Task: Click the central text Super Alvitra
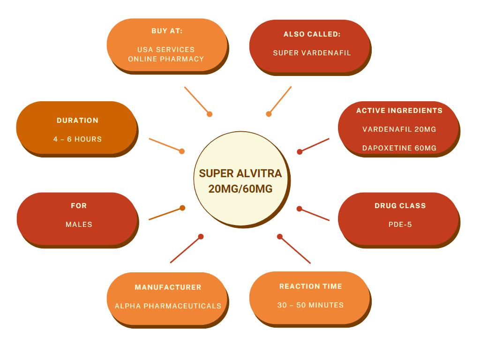coord(240,173)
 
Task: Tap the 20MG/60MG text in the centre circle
coord(240,188)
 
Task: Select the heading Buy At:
coord(167,31)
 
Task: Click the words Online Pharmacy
coord(166,59)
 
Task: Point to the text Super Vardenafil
coord(312,53)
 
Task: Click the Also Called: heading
coord(312,34)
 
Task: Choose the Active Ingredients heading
coord(399,111)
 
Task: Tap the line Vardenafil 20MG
coord(399,129)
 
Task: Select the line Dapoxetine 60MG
coord(399,148)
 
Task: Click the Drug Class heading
coord(400,205)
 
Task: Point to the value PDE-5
coord(400,225)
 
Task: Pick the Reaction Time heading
coord(310,286)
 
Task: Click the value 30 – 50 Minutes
coord(310,305)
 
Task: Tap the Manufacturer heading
coord(168,287)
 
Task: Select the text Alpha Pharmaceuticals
coord(168,306)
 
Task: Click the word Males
coord(79,225)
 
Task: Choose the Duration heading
coord(77,120)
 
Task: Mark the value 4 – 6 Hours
coord(77,139)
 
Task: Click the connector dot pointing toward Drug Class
coord(300,209)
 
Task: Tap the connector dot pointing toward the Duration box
coord(182,151)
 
